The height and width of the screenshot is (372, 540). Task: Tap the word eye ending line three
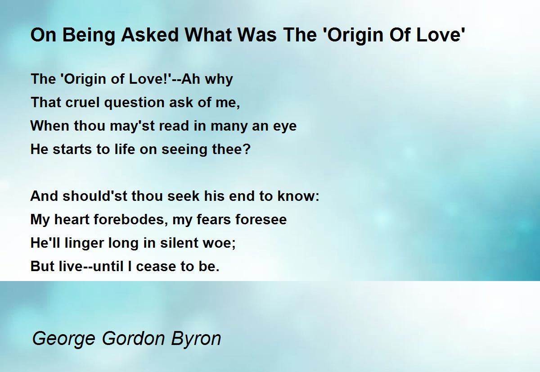285,126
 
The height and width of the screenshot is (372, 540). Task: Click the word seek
184,196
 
